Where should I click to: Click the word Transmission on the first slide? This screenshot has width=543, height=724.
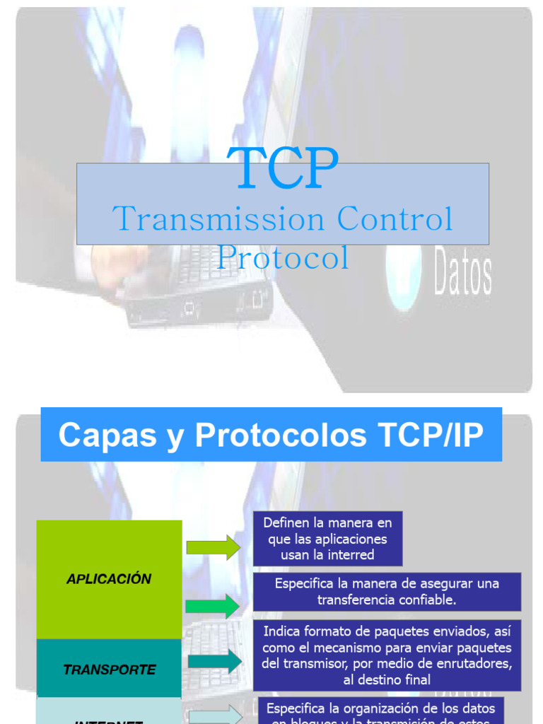[x=219, y=219]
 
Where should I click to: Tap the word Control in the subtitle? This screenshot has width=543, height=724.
[x=395, y=219]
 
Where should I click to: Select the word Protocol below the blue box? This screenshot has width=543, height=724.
[x=283, y=258]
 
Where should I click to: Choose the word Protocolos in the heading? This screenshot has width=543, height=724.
[x=281, y=435]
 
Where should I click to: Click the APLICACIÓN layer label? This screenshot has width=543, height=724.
[x=109, y=579]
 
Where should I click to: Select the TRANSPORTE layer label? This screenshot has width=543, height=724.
[x=109, y=670]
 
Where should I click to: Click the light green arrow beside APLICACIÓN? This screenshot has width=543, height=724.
[x=214, y=547]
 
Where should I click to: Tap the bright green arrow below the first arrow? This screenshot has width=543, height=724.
[x=214, y=606]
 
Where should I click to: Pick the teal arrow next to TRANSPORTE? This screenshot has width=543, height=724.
[x=215, y=661]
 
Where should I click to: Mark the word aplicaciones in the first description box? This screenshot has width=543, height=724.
[x=351, y=539]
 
